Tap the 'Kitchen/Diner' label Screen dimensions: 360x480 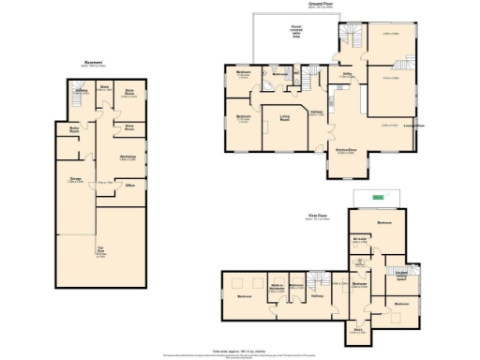346,150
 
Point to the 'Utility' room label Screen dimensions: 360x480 346,73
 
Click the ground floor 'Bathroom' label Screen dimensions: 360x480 278,72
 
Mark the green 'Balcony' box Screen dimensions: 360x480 377,198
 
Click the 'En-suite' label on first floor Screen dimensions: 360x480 359,240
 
